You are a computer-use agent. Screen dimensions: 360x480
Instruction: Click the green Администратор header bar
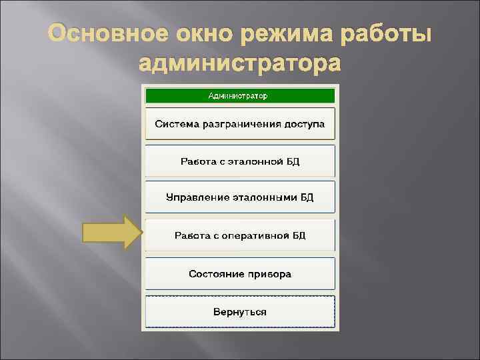[239, 95]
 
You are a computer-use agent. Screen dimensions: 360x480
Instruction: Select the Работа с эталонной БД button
[239, 161]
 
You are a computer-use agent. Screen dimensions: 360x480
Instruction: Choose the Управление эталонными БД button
[239, 198]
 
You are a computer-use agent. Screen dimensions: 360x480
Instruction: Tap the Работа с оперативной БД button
[239, 235]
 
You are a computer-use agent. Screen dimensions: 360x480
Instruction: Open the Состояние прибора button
[239, 274]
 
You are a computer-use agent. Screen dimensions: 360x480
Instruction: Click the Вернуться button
[239, 311]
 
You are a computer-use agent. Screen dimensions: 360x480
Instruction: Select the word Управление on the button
[197, 198]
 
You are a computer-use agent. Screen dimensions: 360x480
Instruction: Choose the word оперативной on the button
[255, 235]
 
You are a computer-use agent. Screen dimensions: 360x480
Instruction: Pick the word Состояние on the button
[213, 274]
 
